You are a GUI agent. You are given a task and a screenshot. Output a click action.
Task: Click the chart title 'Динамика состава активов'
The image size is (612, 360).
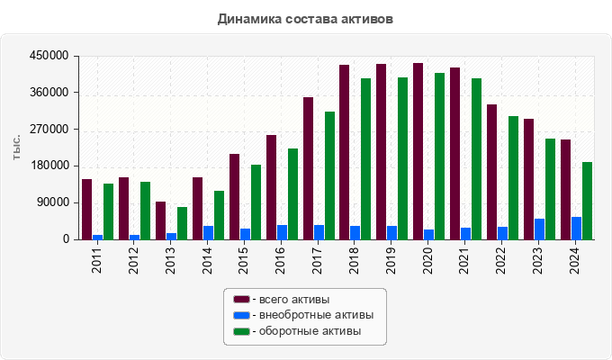305,18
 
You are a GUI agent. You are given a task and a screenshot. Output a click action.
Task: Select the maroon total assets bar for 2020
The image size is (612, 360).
418,151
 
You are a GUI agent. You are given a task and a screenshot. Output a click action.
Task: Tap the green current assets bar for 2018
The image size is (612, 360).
366,158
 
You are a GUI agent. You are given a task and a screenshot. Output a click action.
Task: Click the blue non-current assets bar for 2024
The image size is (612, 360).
576,228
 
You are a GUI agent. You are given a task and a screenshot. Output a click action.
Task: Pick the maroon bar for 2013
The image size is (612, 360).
160,220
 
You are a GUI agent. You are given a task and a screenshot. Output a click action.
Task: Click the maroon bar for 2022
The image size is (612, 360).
492,172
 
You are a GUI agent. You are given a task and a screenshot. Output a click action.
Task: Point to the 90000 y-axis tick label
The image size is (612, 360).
52,202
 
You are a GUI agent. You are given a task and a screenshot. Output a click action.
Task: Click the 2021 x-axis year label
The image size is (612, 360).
465,259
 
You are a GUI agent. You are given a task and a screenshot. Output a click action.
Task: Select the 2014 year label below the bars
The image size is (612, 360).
207,259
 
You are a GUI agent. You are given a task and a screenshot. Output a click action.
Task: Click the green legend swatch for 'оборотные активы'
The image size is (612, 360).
241,331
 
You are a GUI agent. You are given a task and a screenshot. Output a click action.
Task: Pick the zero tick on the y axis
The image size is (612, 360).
65,239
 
